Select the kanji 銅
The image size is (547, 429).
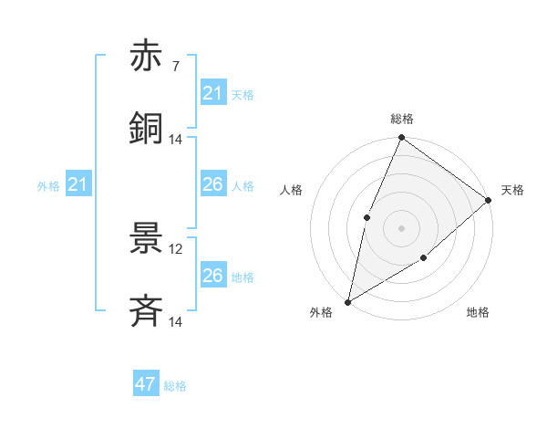pyautogui.click(x=146, y=128)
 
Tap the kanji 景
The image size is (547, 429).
pyautogui.click(x=146, y=239)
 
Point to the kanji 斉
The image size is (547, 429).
pyautogui.click(x=146, y=310)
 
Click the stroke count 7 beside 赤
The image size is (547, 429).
pyautogui.click(x=176, y=67)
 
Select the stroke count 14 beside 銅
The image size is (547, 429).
pyautogui.click(x=176, y=139)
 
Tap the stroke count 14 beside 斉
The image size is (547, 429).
pyautogui.click(x=176, y=321)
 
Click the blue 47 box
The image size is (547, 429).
pyautogui.click(x=146, y=384)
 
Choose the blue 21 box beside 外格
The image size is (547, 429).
pyautogui.click(x=78, y=185)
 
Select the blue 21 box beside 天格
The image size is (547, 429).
pyautogui.click(x=212, y=93)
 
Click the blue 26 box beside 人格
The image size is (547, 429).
pyautogui.click(x=212, y=184)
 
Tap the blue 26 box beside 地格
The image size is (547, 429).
pyautogui.click(x=212, y=276)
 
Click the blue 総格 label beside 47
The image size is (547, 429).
pyautogui.click(x=175, y=386)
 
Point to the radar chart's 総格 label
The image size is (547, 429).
pyautogui.click(x=402, y=119)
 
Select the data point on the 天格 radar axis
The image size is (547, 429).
pyautogui.click(x=489, y=200)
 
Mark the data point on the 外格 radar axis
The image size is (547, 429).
pyautogui.click(x=348, y=301)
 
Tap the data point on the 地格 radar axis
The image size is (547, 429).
pyautogui.click(x=424, y=258)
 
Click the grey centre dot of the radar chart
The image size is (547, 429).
pyautogui.click(x=402, y=227)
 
